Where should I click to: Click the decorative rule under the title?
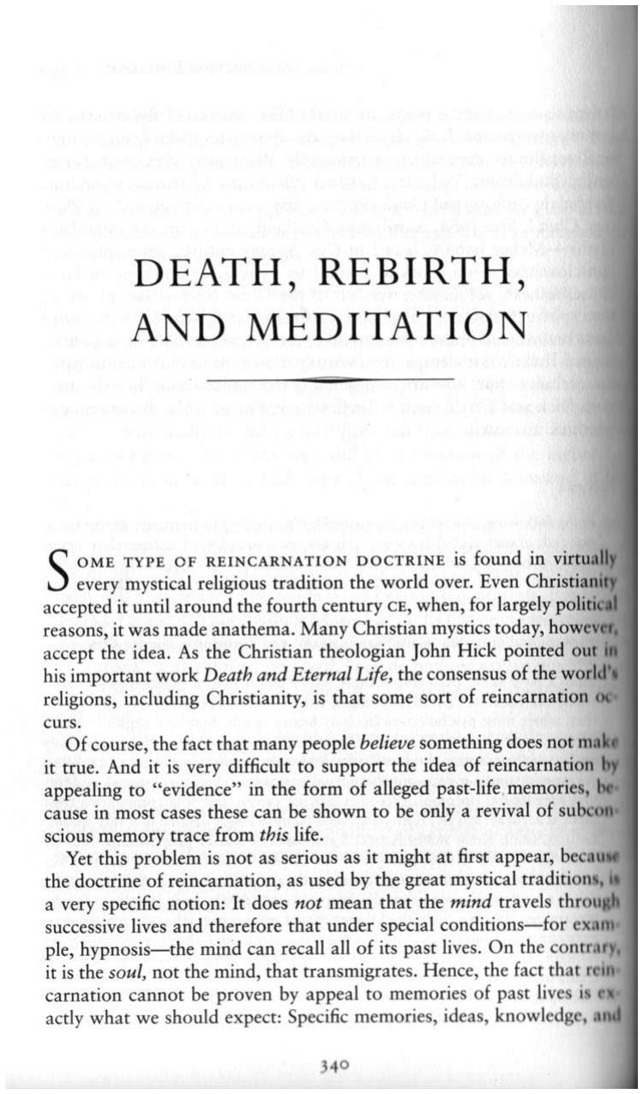coord(337,378)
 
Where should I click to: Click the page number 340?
coord(333,1067)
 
